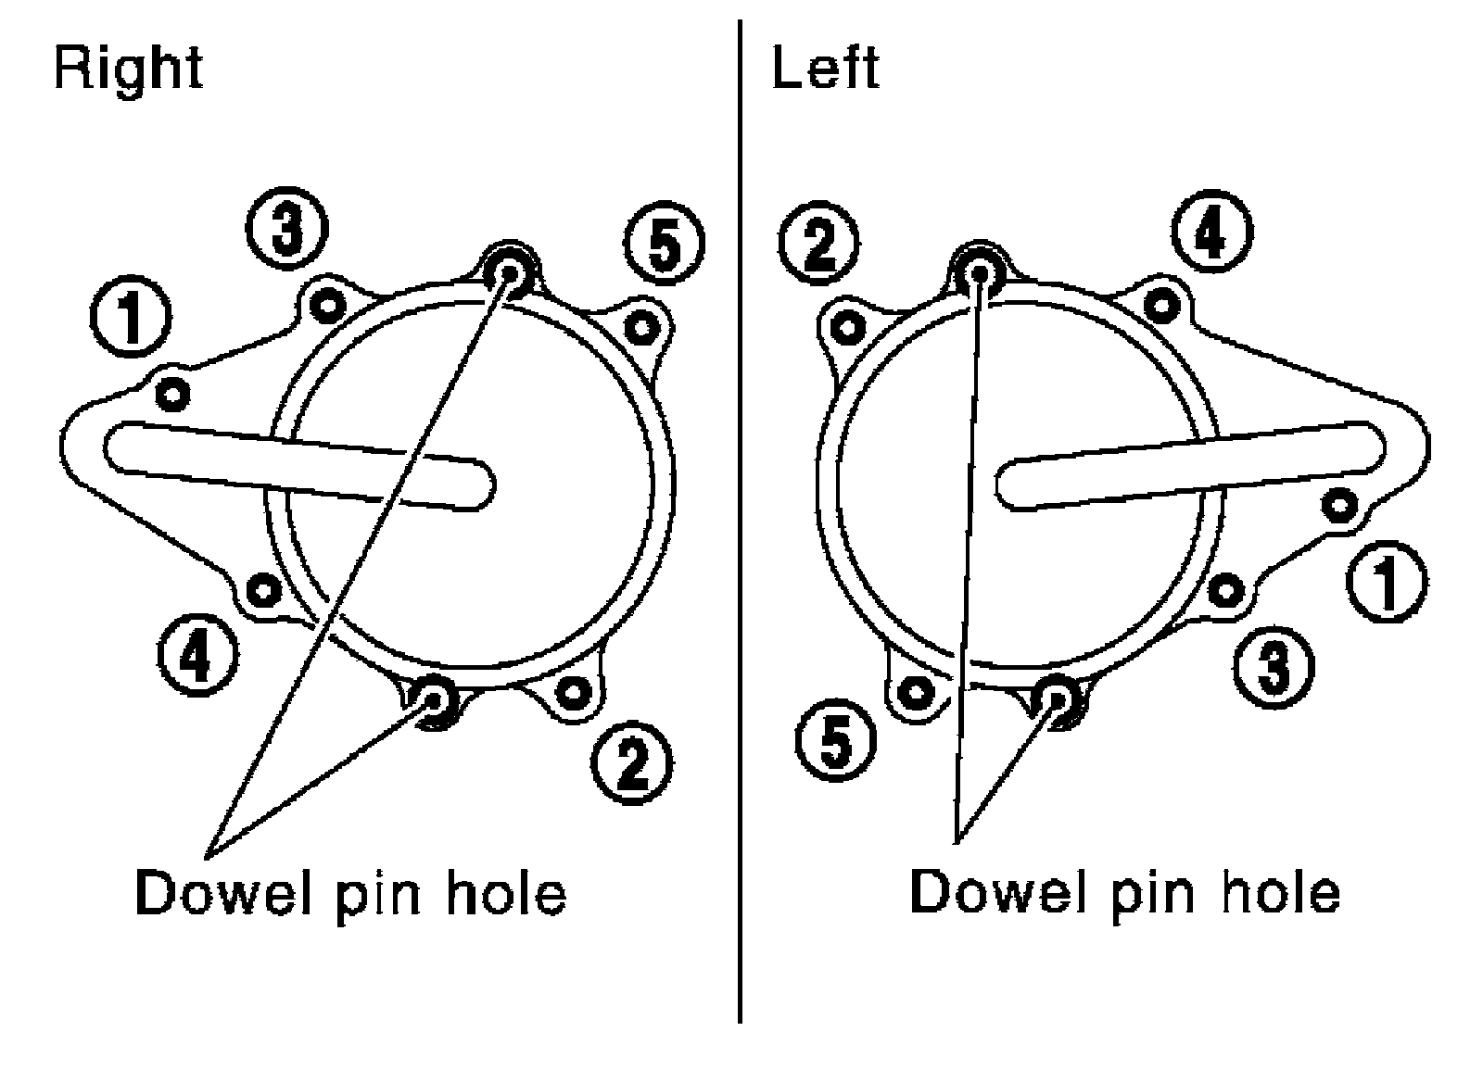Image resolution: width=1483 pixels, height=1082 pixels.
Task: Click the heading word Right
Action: (128, 69)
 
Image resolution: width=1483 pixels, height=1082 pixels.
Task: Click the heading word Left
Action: (825, 69)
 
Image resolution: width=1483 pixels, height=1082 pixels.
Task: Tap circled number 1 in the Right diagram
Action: (131, 319)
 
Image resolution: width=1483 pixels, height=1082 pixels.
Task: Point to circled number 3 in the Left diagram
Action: (1274, 665)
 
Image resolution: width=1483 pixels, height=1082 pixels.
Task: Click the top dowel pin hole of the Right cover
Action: (508, 272)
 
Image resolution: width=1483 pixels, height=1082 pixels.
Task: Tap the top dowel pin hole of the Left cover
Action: (979, 272)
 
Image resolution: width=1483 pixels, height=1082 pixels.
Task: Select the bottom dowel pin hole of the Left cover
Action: (1056, 699)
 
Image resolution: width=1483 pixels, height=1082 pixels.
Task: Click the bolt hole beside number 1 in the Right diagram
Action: (172, 394)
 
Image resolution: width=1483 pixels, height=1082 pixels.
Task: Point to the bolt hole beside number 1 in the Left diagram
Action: (1338, 506)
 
